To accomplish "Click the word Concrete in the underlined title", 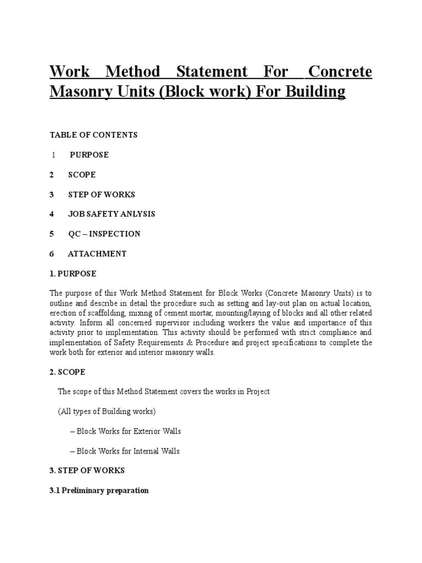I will [340, 72].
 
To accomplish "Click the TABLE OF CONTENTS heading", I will [93, 135].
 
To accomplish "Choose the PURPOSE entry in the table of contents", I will [89, 154].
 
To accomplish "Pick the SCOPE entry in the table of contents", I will [82, 174].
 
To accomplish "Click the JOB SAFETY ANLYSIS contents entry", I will [112, 214].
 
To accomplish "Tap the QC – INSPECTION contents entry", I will [104, 234].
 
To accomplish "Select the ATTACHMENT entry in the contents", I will [97, 253].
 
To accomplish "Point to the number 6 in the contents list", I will [52, 253].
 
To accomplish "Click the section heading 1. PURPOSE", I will [73, 273].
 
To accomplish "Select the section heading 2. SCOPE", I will [68, 372].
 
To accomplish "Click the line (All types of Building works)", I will [107, 411].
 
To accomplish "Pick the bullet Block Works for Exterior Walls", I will [125, 431].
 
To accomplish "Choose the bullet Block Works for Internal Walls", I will [125, 451].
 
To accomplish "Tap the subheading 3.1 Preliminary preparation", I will [99, 490].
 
